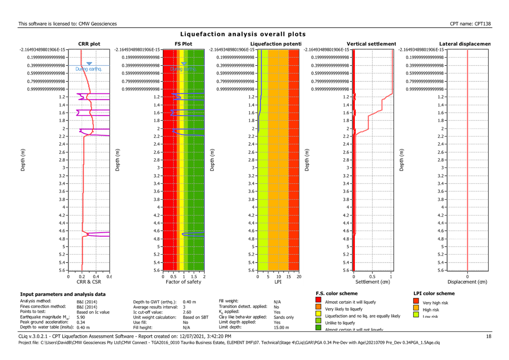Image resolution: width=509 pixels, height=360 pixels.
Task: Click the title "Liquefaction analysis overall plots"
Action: pos(243,34)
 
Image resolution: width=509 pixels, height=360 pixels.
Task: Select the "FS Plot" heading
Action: pos(183,44)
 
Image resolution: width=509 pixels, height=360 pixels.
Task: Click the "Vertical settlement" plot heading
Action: pos(371,44)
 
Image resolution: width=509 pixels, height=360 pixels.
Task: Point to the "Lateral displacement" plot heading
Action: pos(465,44)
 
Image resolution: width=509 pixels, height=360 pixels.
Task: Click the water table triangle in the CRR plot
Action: pos(89,64)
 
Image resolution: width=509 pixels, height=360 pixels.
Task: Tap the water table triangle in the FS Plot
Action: pos(183,64)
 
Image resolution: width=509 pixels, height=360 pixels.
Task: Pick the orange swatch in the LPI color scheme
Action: pos(416,308)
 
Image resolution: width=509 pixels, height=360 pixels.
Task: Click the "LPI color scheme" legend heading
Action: pos(435,293)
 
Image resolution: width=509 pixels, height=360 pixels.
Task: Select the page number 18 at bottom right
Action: pos(489,337)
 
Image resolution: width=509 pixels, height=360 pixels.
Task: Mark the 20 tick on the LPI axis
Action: pos(299,277)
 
